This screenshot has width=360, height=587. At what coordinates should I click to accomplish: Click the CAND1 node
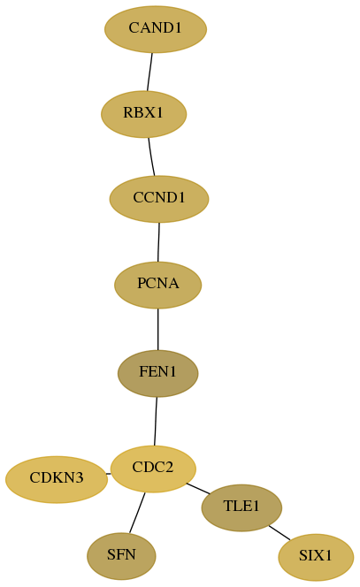coord(156,29)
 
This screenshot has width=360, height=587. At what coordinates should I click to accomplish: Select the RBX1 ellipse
coord(143,114)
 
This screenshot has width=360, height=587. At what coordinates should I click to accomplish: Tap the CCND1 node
coord(159,199)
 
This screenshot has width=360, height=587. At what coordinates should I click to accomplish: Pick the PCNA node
coord(158,285)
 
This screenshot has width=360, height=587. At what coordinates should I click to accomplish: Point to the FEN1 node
coord(157,373)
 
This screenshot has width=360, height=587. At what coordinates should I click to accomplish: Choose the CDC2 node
coord(153,469)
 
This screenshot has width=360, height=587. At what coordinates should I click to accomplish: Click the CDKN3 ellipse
coord(57,479)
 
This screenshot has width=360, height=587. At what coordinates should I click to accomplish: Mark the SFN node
coord(121,556)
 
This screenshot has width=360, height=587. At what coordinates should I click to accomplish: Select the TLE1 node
coord(241,507)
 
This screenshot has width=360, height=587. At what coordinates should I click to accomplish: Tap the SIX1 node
coord(316,558)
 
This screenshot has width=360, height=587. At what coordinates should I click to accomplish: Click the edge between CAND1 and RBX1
coord(149,72)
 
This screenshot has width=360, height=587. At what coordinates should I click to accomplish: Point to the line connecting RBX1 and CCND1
coord(151,156)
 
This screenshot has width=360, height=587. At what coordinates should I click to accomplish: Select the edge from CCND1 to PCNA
coord(158,242)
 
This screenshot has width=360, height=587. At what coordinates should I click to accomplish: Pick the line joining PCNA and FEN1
coord(157,329)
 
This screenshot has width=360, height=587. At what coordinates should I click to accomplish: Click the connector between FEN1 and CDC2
coord(156,421)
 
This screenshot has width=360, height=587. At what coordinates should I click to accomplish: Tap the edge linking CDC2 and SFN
coord(137,513)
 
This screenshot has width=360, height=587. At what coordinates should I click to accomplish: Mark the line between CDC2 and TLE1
coord(198,489)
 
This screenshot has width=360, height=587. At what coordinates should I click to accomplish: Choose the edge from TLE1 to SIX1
coord(280,533)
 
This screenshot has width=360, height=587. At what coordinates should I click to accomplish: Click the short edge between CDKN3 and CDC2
coord(109,474)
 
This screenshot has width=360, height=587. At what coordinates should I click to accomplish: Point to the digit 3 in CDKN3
coord(79,477)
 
